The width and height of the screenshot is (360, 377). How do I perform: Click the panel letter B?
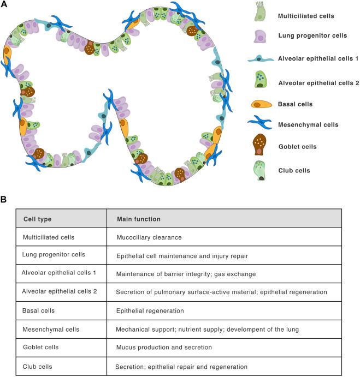click(4, 200)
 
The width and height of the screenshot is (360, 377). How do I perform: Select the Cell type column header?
click(38, 219)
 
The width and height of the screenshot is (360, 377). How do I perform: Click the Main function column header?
click(139, 219)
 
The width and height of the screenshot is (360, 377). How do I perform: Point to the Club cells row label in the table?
click(38, 366)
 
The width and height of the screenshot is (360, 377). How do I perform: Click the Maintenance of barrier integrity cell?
click(185, 274)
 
